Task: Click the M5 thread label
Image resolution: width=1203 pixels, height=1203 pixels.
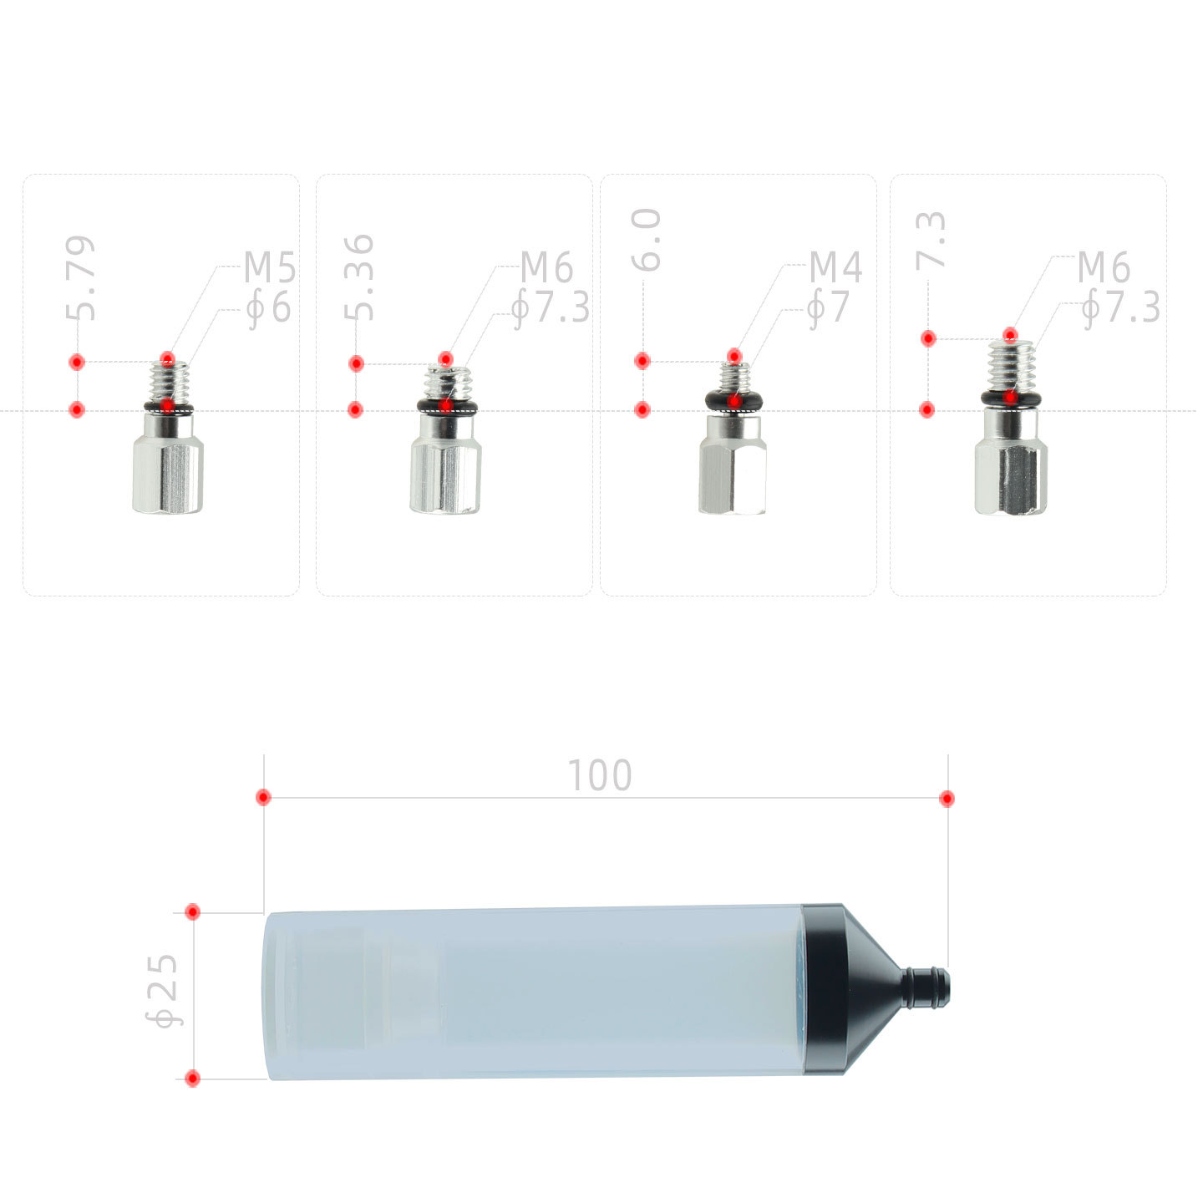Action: [x=270, y=267]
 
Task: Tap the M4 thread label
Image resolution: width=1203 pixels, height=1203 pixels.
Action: [x=836, y=267]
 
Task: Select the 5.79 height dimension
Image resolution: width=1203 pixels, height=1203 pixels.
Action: [x=81, y=278]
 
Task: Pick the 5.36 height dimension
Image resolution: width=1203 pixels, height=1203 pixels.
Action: [x=359, y=278]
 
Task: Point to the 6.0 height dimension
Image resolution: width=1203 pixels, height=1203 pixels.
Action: [x=646, y=241]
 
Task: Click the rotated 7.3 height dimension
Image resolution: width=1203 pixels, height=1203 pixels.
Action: [x=931, y=241]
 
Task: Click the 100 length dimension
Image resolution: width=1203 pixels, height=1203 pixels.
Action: [x=600, y=776]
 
